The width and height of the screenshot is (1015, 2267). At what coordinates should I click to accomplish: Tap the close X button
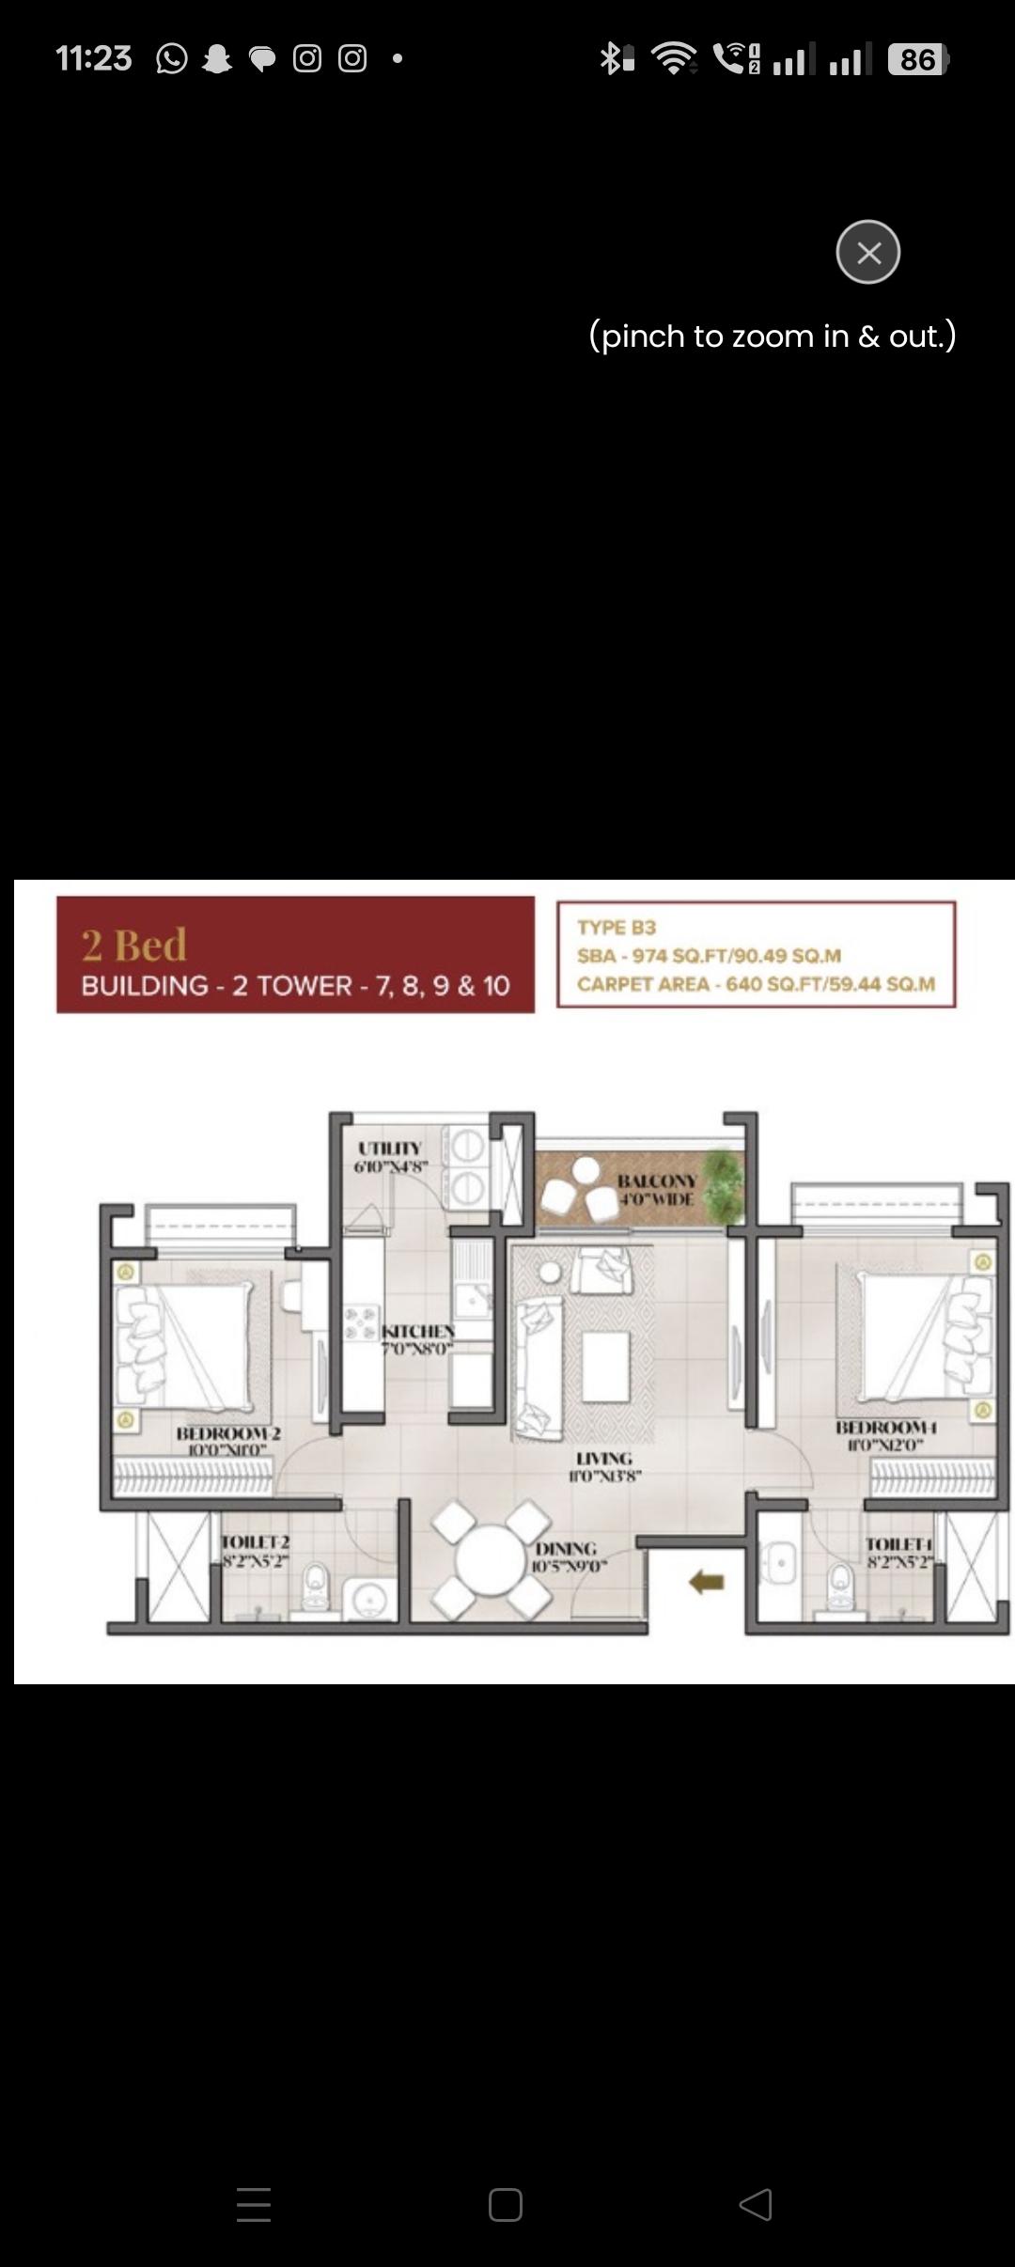[x=868, y=252]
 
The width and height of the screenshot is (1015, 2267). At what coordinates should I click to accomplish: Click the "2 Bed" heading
[x=134, y=945]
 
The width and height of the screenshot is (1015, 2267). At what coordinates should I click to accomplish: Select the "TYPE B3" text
[x=617, y=928]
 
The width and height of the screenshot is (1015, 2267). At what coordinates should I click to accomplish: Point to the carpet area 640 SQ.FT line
[x=756, y=984]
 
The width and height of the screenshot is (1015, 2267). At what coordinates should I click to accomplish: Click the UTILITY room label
[x=390, y=1149]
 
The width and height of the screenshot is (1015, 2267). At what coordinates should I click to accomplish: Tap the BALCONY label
[x=657, y=1180]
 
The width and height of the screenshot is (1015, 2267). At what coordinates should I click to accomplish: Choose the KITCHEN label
[x=418, y=1332]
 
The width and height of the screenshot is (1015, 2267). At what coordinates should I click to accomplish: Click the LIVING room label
[x=604, y=1459]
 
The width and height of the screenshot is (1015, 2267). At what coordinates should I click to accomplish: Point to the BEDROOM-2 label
[x=228, y=1433]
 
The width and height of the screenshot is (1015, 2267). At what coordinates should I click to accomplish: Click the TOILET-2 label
[x=256, y=1542]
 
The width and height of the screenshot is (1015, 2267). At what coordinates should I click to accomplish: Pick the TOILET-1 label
[x=898, y=1544]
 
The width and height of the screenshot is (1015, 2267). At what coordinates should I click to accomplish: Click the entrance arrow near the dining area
[x=707, y=1583]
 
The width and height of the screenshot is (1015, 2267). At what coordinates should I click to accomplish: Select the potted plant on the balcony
[x=725, y=1181]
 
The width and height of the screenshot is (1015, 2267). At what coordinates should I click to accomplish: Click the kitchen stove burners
[x=361, y=1322]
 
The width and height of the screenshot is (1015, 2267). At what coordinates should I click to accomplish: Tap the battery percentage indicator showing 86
[x=917, y=60]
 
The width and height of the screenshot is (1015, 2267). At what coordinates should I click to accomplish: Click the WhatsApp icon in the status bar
[x=172, y=59]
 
